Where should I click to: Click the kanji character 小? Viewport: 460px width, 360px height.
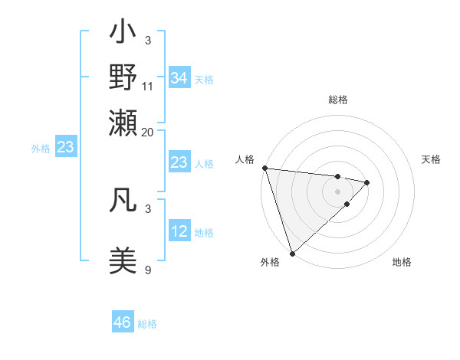click(123, 34)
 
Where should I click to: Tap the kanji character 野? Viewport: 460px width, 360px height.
click(123, 77)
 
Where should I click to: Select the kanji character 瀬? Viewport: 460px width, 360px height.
click(123, 122)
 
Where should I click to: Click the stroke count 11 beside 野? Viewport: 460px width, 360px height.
click(148, 86)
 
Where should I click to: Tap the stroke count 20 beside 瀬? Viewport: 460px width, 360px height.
click(148, 131)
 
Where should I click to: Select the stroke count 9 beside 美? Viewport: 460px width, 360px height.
click(148, 270)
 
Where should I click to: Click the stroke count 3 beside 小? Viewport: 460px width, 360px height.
click(148, 40)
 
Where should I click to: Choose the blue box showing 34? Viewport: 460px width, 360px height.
click(179, 78)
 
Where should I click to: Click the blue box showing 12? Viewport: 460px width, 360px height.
click(179, 231)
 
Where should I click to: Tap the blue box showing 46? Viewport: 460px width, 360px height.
click(123, 322)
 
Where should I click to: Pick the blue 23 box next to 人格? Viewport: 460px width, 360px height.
click(179, 162)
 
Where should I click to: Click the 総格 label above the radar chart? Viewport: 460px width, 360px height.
click(338, 100)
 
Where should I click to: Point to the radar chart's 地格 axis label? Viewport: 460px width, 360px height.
click(402, 263)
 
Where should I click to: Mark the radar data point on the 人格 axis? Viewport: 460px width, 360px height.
click(264, 168)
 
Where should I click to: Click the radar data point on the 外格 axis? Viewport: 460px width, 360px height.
click(292, 253)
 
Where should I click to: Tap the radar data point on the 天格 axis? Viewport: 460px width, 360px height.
click(367, 182)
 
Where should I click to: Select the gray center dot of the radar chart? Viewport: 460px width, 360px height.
click(338, 191)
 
